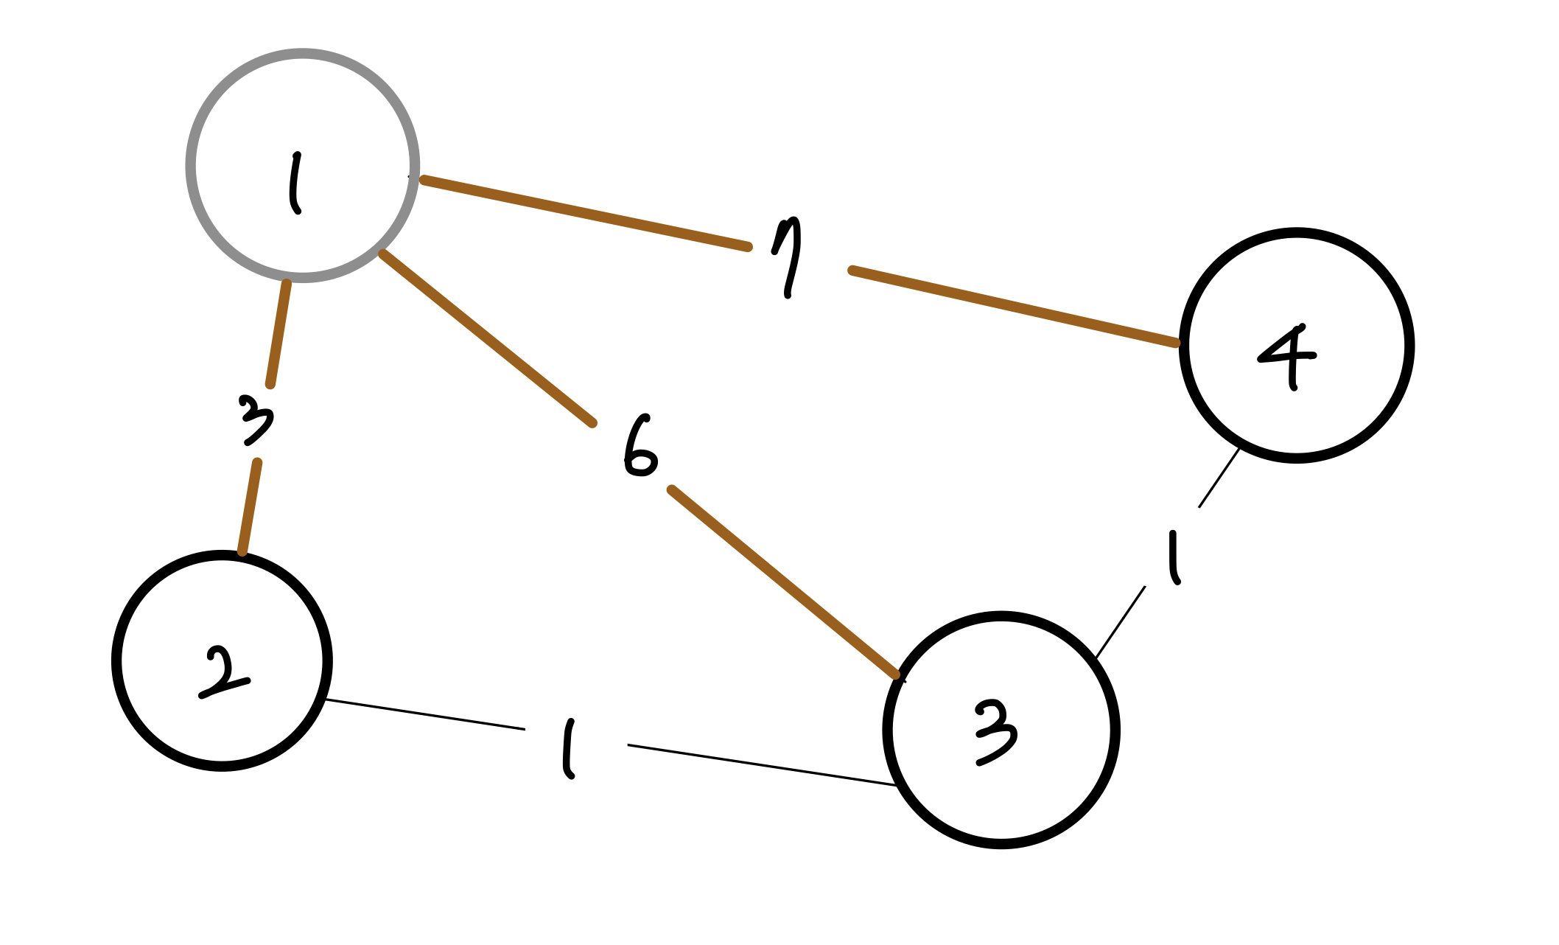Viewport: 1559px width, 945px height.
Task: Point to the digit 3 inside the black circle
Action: (x=996, y=733)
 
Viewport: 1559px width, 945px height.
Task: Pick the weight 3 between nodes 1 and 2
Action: (x=256, y=420)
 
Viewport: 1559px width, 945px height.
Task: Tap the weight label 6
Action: (x=640, y=447)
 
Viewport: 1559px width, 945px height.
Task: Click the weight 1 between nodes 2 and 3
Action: (x=567, y=749)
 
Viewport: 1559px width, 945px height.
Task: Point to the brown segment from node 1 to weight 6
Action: (x=486, y=337)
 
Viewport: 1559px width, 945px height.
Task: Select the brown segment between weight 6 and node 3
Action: (x=783, y=581)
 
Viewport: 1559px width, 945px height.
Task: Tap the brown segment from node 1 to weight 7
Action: (x=586, y=213)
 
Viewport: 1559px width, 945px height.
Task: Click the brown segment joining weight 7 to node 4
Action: (x=1014, y=307)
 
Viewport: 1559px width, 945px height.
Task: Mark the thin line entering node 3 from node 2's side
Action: (x=762, y=765)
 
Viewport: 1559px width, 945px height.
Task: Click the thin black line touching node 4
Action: (x=1219, y=478)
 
